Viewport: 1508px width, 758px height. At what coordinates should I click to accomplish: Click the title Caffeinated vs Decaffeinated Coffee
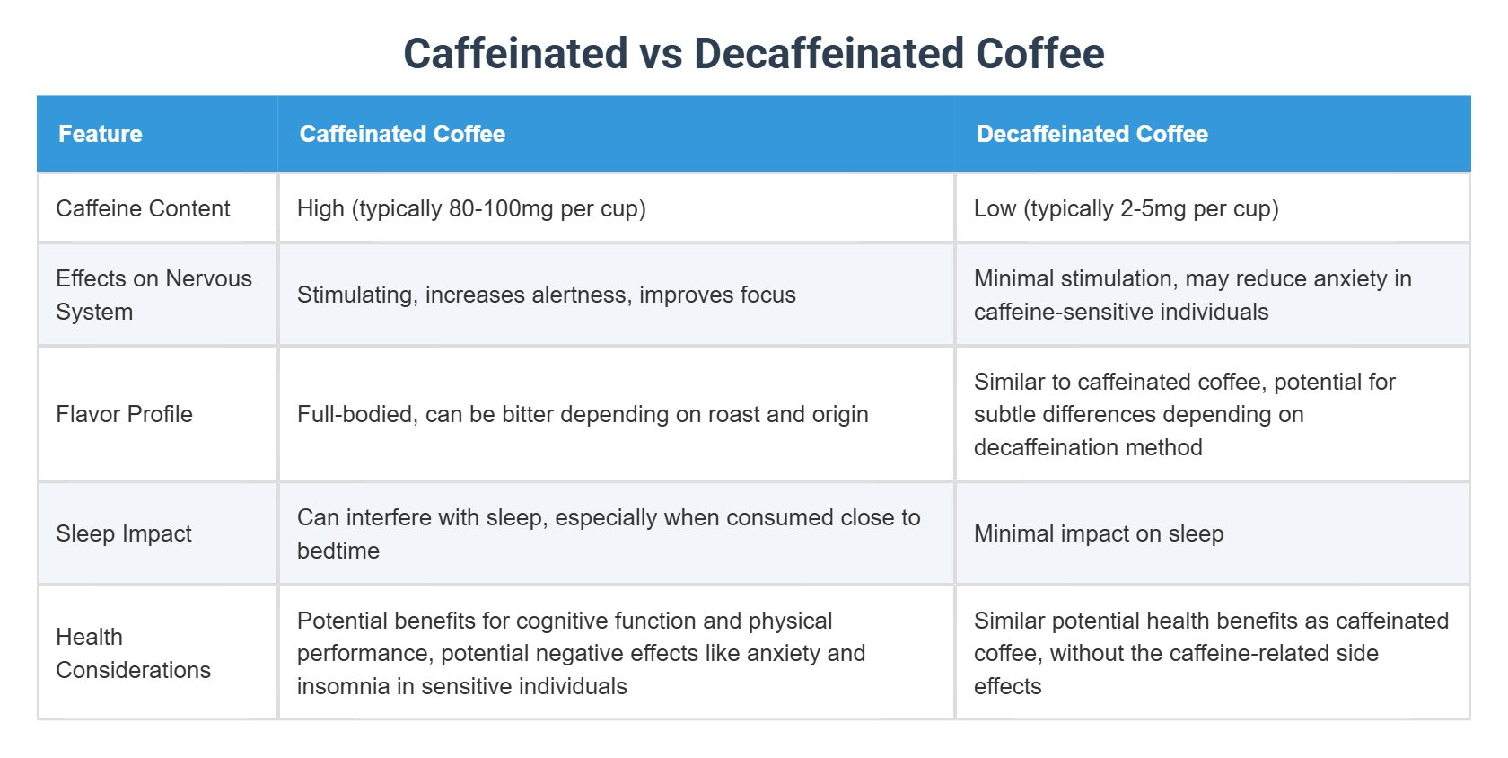[x=753, y=54]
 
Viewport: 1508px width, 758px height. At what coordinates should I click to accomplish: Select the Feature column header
[x=101, y=134]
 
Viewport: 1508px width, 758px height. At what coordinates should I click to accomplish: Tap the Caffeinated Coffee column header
[x=402, y=134]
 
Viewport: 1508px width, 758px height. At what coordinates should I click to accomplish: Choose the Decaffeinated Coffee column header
[x=1092, y=134]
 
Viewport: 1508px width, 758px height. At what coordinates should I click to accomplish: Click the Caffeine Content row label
[x=143, y=208]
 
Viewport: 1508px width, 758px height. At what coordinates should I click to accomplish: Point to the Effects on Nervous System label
[x=153, y=295]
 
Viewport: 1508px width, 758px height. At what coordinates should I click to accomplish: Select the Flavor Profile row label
[x=124, y=414]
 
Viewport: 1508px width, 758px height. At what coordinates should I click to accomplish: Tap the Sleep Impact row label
[x=124, y=533]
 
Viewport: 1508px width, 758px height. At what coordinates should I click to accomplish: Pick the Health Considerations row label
[x=133, y=653]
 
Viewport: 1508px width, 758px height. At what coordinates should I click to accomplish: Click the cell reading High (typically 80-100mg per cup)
[x=471, y=208]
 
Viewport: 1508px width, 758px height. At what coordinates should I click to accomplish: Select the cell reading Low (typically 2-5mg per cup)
[x=1126, y=208]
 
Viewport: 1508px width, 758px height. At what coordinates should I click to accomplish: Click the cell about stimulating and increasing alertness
[x=546, y=295]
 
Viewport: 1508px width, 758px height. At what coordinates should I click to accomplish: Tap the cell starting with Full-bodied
[x=583, y=414]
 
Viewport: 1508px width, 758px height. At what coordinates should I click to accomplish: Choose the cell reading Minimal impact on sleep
[x=1099, y=533]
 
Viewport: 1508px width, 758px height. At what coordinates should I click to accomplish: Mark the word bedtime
[x=338, y=551]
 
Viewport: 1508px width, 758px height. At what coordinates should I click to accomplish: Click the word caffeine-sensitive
[x=1056, y=312]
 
